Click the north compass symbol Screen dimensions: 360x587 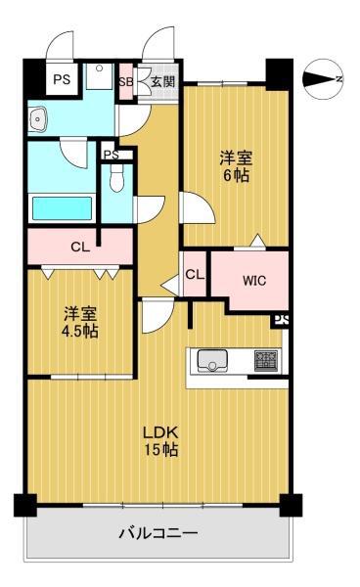pyautogui.click(x=323, y=79)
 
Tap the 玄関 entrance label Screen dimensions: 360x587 pyautogui.click(x=163, y=81)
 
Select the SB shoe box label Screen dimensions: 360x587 pyautogui.click(x=126, y=82)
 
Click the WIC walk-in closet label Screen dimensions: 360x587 pyautogui.click(x=254, y=281)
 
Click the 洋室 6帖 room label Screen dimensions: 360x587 pyautogui.click(x=236, y=166)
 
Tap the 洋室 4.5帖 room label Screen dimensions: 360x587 pyautogui.click(x=80, y=322)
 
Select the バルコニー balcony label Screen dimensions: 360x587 pyautogui.click(x=157, y=533)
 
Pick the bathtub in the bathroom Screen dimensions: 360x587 pyautogui.click(x=63, y=208)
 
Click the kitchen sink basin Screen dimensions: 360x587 pyautogui.click(x=212, y=361)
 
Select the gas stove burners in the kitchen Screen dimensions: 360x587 pyautogui.click(x=266, y=360)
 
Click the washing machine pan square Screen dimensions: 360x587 pyautogui.click(x=100, y=76)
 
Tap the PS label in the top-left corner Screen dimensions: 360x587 pyautogui.click(x=62, y=80)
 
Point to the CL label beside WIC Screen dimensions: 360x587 pyautogui.click(x=195, y=275)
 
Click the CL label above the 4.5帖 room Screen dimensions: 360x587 pyautogui.click(x=80, y=248)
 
